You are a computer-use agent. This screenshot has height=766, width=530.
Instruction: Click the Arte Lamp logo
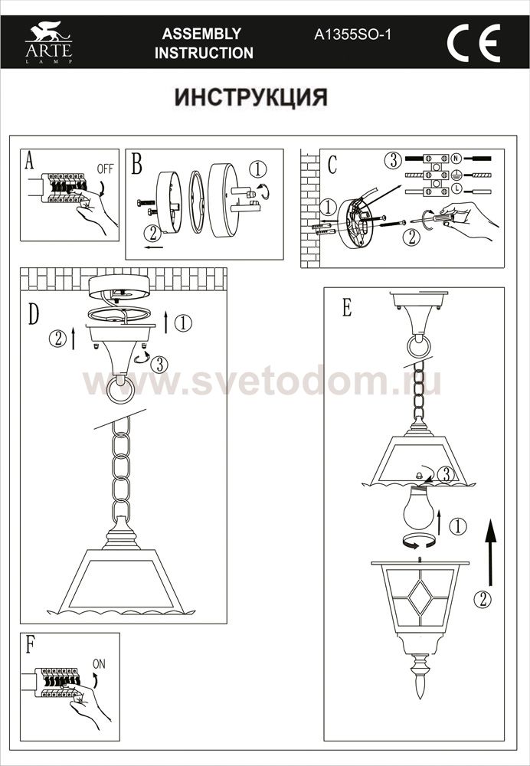click(49, 42)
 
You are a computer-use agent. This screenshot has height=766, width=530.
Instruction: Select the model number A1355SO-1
click(352, 34)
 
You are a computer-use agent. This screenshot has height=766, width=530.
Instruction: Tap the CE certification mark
click(473, 43)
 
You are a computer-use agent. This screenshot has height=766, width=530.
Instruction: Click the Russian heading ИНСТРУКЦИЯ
click(250, 97)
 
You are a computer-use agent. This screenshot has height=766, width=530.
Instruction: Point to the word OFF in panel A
click(105, 169)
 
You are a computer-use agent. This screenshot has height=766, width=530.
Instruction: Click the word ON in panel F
click(99, 664)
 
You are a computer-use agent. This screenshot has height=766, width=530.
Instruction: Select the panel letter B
click(137, 164)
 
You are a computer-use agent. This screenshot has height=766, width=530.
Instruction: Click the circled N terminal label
click(456, 159)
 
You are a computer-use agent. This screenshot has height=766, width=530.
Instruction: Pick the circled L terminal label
click(456, 188)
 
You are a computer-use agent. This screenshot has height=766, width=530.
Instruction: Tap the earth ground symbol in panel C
click(456, 173)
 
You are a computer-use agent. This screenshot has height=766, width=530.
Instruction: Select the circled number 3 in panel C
click(393, 160)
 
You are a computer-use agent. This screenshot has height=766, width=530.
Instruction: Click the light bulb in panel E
click(419, 508)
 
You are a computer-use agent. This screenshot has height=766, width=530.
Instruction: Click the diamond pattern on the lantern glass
click(420, 598)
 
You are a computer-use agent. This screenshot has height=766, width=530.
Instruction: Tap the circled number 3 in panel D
click(159, 365)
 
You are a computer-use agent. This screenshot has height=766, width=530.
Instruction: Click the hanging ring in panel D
click(119, 389)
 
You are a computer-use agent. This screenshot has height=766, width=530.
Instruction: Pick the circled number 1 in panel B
click(258, 169)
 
